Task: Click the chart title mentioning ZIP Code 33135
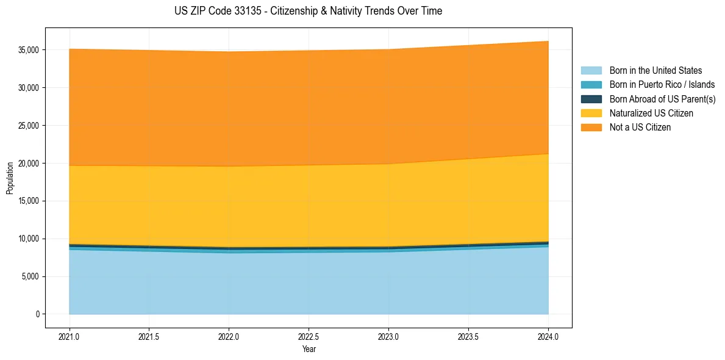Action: coord(308,11)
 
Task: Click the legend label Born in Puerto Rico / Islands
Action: coord(662,85)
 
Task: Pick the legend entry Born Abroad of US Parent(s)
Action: coord(662,99)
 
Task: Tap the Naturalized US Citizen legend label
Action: coord(651,113)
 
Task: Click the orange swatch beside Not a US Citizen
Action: coord(591,128)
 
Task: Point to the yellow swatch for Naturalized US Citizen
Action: coord(591,113)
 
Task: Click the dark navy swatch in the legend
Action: coord(591,99)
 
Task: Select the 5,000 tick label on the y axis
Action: coord(31,276)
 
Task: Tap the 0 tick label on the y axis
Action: coord(37,314)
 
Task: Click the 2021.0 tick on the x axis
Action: coord(70,336)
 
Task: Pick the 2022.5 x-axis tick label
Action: coord(309,336)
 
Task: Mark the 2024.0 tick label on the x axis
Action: coord(548,336)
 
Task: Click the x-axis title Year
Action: coord(309,349)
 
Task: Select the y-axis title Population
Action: coord(10,178)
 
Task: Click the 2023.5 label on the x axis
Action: coord(468,336)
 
